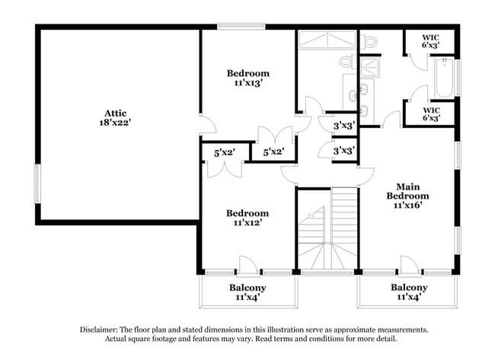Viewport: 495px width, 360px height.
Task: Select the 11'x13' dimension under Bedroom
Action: point(247,84)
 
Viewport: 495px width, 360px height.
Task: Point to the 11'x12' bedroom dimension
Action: point(247,224)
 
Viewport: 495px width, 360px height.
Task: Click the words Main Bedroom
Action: point(407,191)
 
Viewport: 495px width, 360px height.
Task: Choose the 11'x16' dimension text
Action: point(407,205)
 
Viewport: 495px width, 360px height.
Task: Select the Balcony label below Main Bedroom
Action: point(409,288)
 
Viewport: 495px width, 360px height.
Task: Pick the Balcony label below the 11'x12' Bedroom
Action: point(247,288)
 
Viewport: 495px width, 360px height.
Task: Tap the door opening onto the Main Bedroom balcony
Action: point(410,266)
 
